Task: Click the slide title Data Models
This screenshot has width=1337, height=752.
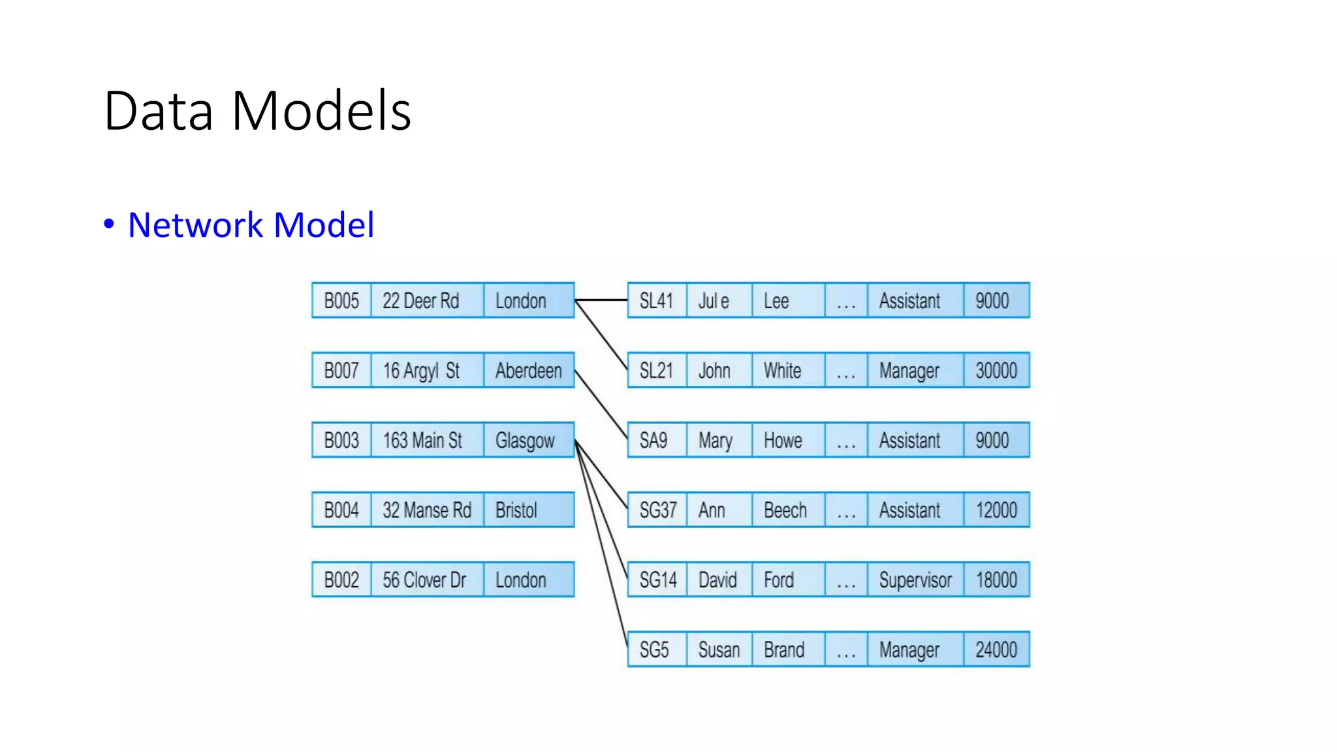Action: point(257,111)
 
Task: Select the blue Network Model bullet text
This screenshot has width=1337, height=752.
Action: point(251,225)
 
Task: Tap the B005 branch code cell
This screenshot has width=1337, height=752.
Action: point(341,301)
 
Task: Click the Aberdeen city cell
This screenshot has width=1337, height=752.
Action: point(528,371)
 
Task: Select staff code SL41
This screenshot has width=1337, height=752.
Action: point(657,301)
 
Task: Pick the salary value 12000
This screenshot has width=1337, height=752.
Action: point(996,510)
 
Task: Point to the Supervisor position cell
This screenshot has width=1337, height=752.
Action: point(915,580)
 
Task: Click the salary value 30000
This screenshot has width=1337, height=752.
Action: point(996,371)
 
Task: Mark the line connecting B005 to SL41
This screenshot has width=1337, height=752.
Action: point(601,300)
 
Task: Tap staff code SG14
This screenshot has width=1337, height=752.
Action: point(657,580)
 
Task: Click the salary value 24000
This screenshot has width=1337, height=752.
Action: point(996,650)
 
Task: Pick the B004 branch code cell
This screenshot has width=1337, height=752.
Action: point(341,510)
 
